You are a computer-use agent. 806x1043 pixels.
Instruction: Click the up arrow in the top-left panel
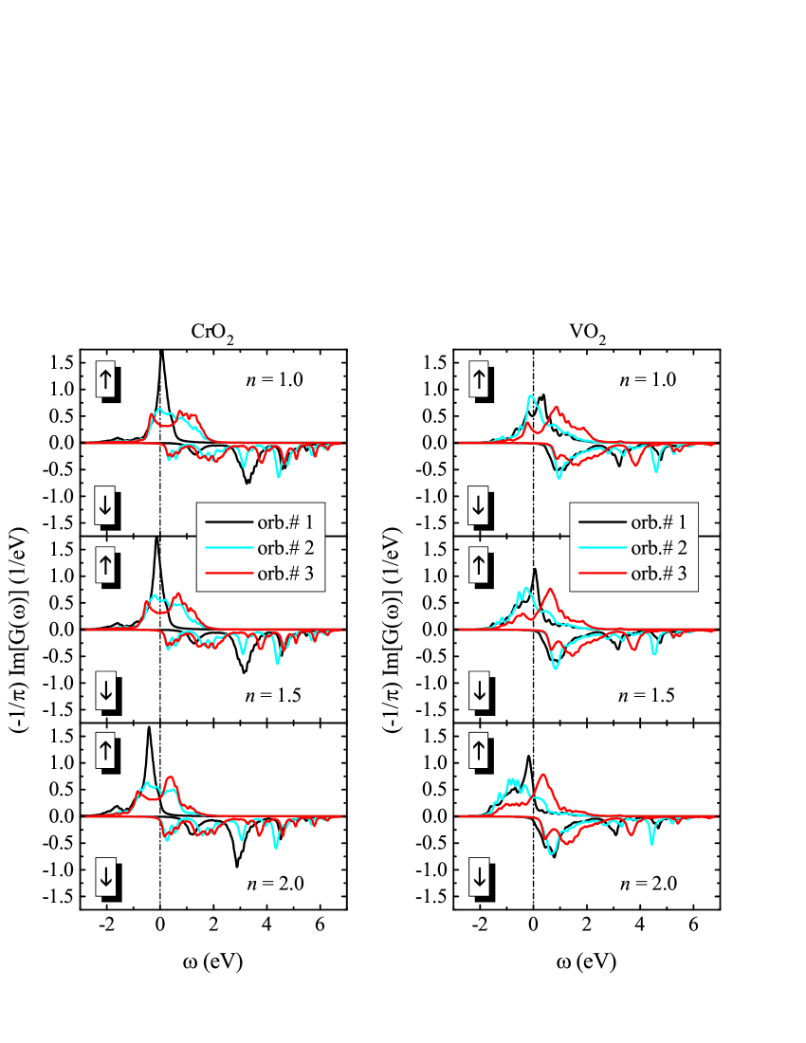point(105,379)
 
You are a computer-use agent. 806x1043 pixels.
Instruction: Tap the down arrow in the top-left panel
point(105,506)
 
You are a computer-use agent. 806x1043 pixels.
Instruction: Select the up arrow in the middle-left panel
point(105,566)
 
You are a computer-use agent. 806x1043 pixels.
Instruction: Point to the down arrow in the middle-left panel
point(105,692)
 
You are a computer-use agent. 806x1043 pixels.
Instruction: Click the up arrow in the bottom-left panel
point(105,752)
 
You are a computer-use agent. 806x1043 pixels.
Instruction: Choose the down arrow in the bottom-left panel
point(105,878)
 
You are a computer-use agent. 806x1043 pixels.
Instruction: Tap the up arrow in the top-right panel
point(479,379)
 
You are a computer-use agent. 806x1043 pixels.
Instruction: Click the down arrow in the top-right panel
point(479,506)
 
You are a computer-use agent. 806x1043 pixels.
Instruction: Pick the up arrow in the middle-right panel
point(479,566)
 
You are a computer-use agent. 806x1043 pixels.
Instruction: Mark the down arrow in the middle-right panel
point(479,692)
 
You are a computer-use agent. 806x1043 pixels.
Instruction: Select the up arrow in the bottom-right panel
point(479,752)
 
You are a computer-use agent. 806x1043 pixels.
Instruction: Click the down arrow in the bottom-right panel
point(479,878)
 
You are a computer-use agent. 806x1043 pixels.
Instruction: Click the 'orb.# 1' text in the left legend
point(284,521)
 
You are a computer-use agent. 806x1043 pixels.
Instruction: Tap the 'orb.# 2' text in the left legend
point(284,547)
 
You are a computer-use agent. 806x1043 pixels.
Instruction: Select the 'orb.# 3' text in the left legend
point(284,574)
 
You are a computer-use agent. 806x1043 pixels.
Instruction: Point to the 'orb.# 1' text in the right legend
point(658,521)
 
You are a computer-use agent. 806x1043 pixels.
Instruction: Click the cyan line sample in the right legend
point(603,547)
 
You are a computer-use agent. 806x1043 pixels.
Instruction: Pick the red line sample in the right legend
point(603,574)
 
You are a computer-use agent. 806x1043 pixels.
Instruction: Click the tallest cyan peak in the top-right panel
point(532,396)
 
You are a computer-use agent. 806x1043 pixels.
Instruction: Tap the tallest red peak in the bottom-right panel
point(543,775)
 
